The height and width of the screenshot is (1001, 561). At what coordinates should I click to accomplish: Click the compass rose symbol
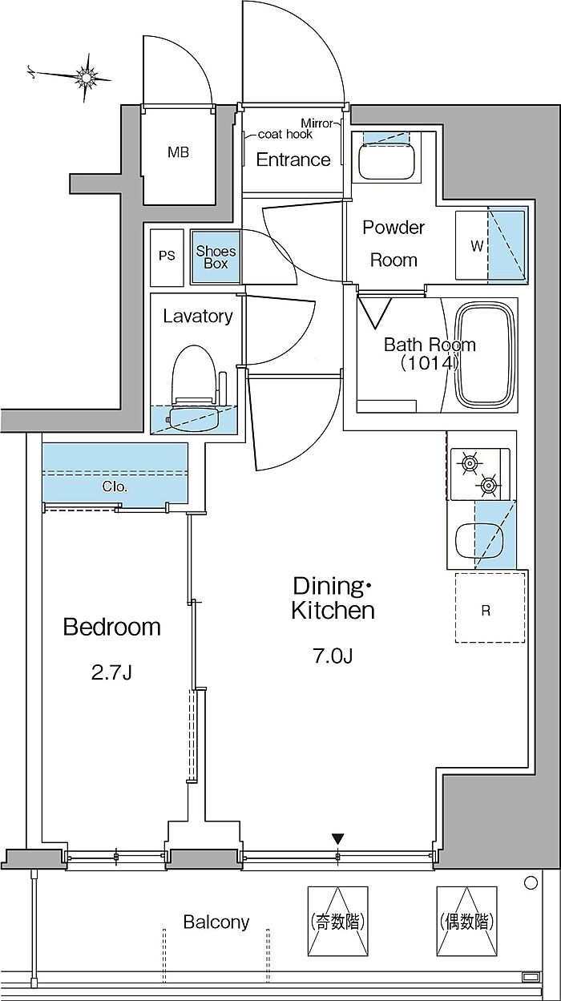coord(86,76)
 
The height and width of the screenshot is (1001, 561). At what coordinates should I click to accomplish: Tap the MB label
coord(178,152)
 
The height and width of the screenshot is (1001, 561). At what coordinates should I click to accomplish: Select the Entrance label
coord(293,159)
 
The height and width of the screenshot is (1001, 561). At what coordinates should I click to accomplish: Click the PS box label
coord(167,256)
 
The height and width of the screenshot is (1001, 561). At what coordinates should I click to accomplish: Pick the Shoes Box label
coord(216,257)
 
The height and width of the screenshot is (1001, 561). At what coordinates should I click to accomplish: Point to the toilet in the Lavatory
coord(196,377)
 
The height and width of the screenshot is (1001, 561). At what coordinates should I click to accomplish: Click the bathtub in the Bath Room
coord(486,356)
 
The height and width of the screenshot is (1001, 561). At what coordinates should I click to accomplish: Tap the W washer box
coord(477,246)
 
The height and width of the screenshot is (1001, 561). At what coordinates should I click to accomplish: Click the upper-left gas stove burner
coord(467,462)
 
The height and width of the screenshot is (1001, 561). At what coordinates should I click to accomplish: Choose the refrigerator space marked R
coord(486,610)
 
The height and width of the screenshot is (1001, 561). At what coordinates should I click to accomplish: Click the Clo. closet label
coord(115,486)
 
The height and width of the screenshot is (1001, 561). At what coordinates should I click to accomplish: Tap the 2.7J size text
coord(111,672)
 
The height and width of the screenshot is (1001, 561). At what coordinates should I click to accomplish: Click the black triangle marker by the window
coord(338,838)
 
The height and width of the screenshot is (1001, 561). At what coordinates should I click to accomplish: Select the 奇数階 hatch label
coord(337,922)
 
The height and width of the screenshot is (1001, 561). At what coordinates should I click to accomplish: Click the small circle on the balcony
coord(530,883)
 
